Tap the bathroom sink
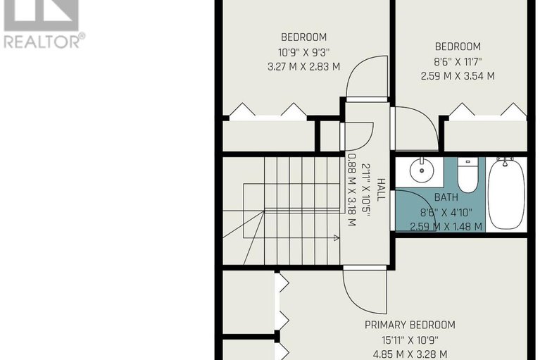[422, 170]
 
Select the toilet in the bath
[467, 175]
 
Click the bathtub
[506, 193]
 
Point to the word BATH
[446, 197]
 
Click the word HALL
[381, 190]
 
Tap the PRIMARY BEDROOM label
[410, 325]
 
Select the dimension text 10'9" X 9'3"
[304, 52]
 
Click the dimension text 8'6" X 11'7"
[458, 62]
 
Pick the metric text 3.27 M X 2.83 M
[303, 66]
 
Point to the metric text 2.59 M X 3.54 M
[458, 76]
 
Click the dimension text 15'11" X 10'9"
[410, 340]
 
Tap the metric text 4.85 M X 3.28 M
[410, 354]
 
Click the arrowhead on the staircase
[337, 237]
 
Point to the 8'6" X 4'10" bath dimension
[446, 213]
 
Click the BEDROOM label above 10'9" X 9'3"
[303, 37]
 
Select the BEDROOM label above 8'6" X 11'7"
[458, 46]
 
